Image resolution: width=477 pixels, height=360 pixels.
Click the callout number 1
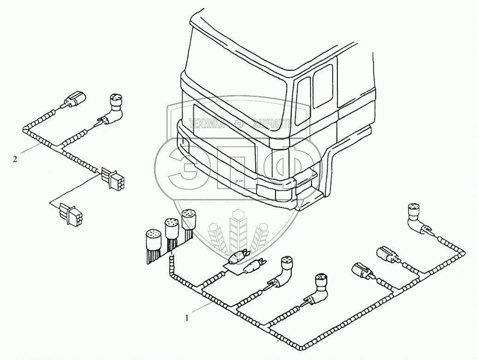[x=187, y=317]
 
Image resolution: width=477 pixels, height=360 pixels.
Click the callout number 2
[x=15, y=159]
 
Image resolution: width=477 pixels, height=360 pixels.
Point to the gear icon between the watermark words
[x=239, y=123]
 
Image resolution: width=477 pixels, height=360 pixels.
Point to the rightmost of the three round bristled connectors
[x=187, y=220]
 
